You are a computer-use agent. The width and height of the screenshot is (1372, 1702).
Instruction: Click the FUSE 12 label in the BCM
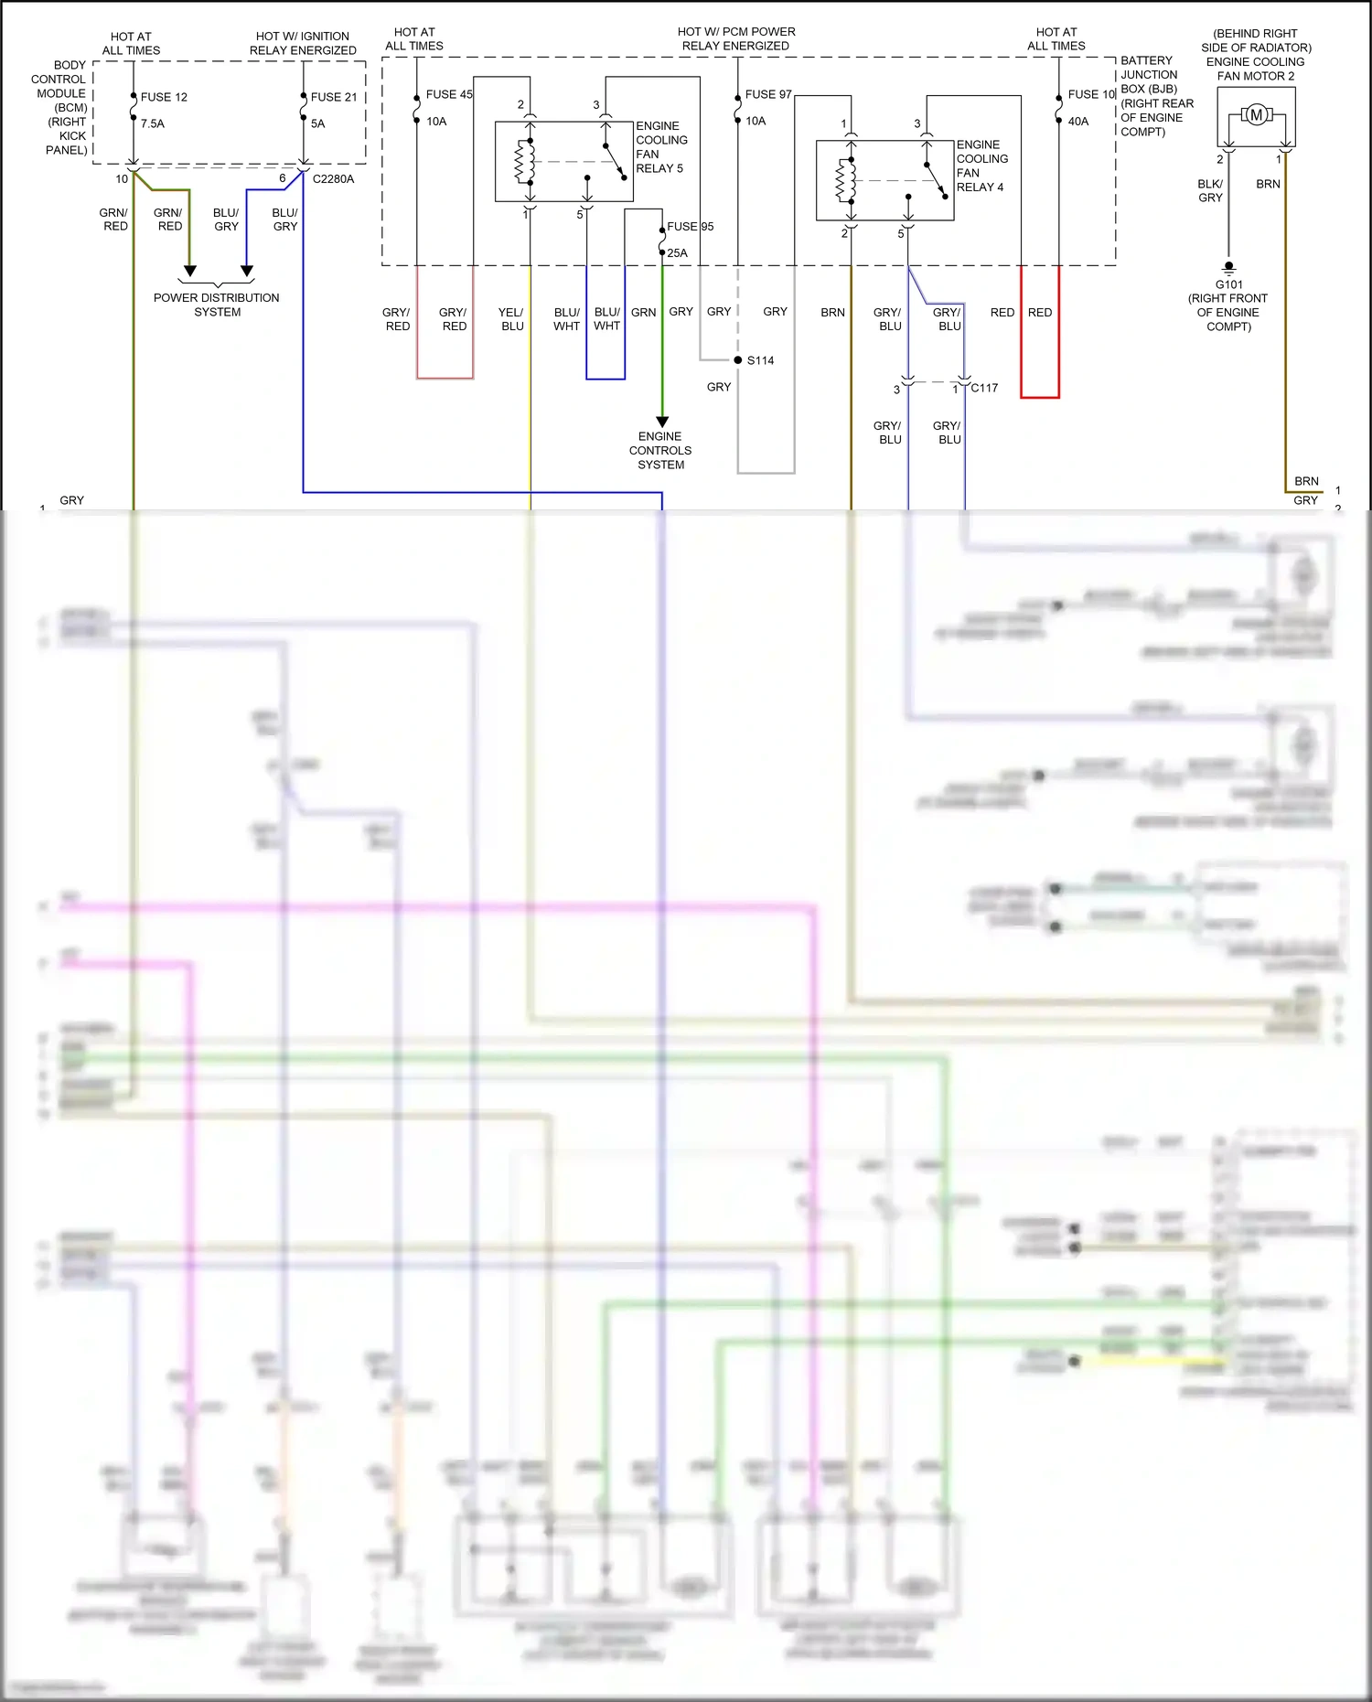(x=164, y=97)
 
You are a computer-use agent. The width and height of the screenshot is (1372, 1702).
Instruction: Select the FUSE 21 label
(x=334, y=97)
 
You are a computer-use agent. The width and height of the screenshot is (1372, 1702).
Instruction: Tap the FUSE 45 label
(x=449, y=94)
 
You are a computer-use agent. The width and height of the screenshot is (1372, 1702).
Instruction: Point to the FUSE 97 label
(x=768, y=94)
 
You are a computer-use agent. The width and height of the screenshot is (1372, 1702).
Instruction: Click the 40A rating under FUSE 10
(x=1078, y=121)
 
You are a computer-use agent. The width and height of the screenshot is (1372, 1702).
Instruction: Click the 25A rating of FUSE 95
(x=677, y=253)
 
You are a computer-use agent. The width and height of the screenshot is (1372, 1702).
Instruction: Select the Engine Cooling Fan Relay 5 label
(x=660, y=147)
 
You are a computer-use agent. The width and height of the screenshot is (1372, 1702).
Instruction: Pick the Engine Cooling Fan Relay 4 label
(x=981, y=166)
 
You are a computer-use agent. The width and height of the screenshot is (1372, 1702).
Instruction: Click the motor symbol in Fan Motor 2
(x=1256, y=114)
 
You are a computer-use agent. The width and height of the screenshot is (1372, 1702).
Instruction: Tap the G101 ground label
(x=1228, y=284)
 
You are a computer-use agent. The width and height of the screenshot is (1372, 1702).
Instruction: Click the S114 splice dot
(x=738, y=359)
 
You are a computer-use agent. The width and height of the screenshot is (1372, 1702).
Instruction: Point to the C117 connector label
(x=984, y=388)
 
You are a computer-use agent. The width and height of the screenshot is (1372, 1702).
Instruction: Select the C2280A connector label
(x=333, y=179)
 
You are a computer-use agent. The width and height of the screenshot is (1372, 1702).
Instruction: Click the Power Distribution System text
(x=217, y=305)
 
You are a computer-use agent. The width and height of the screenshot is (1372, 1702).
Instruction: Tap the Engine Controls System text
(x=660, y=450)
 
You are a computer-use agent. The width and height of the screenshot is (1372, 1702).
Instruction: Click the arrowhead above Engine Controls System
(x=662, y=422)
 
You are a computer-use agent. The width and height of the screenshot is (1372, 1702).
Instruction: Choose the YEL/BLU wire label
(x=511, y=319)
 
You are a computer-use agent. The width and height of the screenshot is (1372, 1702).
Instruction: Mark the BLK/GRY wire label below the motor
(x=1210, y=191)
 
